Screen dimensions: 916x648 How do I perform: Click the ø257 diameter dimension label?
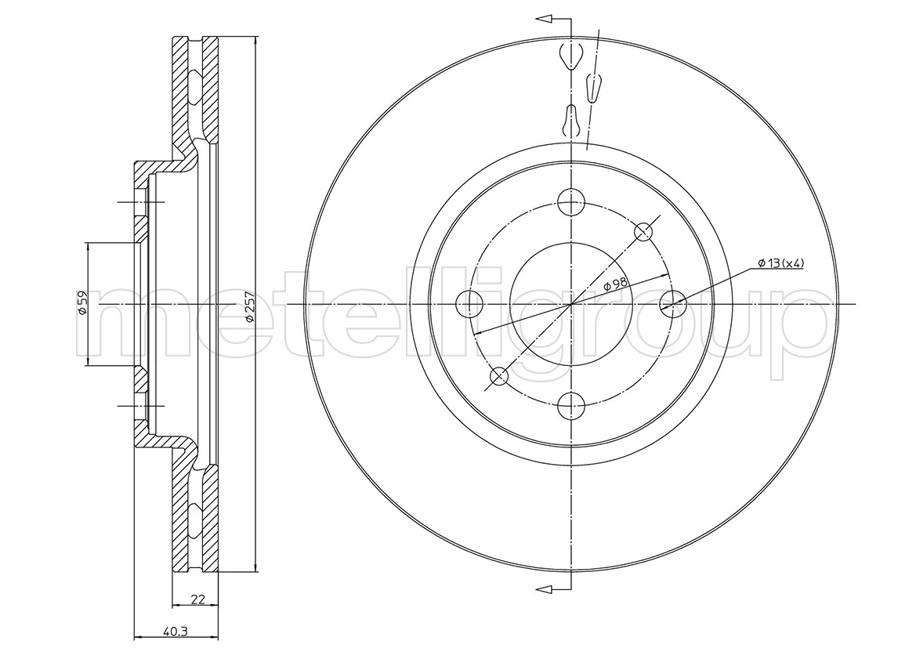pos(248,305)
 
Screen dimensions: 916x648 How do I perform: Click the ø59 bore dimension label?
pos(82,303)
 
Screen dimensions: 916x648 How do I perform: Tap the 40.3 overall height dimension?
pos(171,631)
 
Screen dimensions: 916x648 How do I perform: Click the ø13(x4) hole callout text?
pos(780,263)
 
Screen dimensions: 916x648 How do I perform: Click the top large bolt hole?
pos(570,202)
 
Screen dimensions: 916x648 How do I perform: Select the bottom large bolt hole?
pos(570,406)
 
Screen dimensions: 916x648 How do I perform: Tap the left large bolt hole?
pos(469,304)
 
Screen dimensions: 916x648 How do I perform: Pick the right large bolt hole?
pos(672,304)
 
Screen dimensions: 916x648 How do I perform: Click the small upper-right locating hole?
pos(643,232)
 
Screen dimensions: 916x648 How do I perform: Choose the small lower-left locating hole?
pos(499,376)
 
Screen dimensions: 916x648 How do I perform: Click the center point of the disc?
pos(570,305)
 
